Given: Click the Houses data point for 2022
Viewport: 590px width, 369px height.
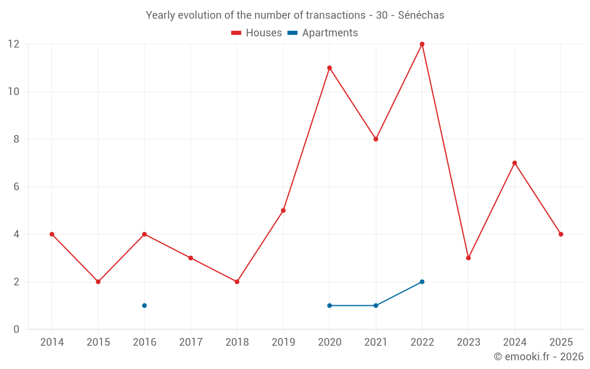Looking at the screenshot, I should click(x=422, y=44).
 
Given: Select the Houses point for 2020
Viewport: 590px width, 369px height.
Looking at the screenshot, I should click(x=329, y=68).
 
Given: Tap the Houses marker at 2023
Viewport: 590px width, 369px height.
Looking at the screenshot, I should click(x=468, y=258).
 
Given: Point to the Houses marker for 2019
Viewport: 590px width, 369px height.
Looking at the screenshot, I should click(x=283, y=210).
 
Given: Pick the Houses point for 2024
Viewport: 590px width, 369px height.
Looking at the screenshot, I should click(x=514, y=163).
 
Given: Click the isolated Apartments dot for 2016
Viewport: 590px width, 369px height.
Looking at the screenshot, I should click(x=145, y=305).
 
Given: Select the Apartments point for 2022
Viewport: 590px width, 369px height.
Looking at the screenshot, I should click(x=422, y=282).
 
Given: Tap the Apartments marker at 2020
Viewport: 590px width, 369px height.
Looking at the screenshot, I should click(x=329, y=305).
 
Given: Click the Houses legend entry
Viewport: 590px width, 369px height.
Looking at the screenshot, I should click(x=257, y=33).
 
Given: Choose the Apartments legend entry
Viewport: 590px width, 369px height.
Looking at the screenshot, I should click(x=323, y=33).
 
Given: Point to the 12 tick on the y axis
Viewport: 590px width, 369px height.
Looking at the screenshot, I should click(x=13, y=44).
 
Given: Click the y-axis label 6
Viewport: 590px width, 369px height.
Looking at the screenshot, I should click(x=17, y=187).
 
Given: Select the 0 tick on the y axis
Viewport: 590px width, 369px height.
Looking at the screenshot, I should click(x=17, y=329).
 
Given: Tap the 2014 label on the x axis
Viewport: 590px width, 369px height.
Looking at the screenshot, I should click(x=52, y=342).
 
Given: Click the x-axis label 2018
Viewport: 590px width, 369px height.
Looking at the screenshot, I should click(x=237, y=342).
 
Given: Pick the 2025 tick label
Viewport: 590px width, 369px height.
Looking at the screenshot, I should click(x=560, y=342).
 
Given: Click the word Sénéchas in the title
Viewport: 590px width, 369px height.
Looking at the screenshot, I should click(x=421, y=15).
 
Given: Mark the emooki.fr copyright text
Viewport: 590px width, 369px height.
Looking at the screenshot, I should click(x=538, y=357).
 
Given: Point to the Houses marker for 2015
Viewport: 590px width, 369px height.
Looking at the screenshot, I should click(x=98, y=282).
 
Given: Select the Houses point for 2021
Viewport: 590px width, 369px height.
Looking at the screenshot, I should click(x=376, y=139).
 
